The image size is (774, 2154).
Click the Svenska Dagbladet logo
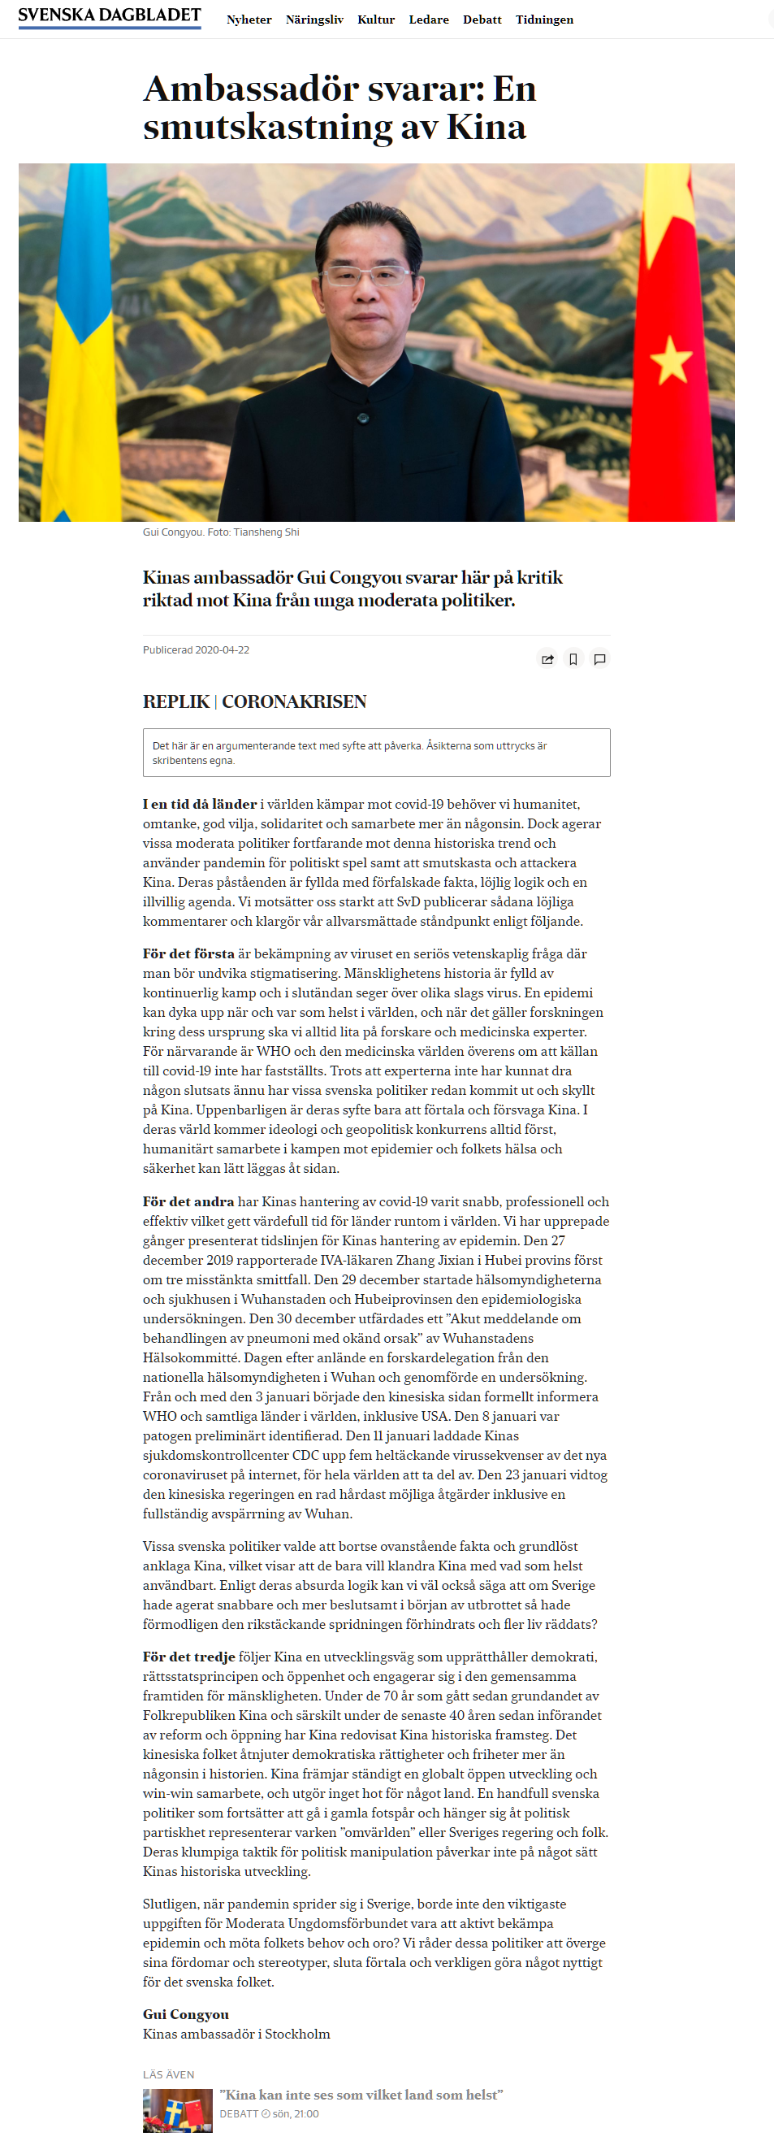[110, 16]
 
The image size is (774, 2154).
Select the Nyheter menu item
[249, 20]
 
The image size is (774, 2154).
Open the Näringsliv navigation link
[314, 20]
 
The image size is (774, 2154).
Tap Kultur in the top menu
[376, 20]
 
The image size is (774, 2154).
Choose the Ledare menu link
[429, 20]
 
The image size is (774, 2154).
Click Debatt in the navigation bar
[482, 20]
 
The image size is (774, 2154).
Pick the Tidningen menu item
[544, 20]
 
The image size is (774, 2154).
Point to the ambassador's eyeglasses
[369, 275]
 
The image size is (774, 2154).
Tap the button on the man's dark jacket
[363, 416]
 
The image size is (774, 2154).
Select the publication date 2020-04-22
[222, 649]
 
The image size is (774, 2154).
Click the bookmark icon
[573, 659]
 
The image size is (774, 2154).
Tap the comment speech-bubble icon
[599, 659]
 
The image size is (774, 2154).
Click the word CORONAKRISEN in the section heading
[294, 701]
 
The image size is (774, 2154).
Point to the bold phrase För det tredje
[189, 1657]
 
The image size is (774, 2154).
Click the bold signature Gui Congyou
[185, 2014]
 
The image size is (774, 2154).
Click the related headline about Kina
[361, 2095]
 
